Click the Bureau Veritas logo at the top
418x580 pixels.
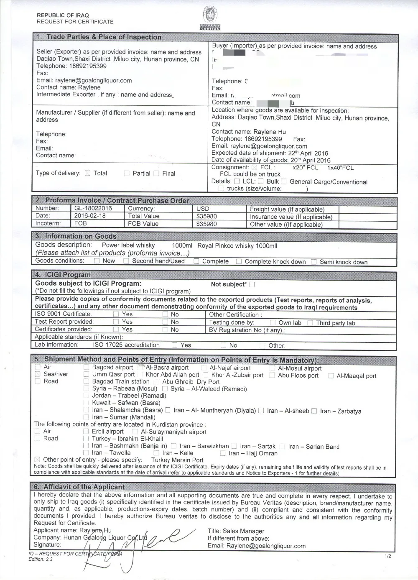[x=212, y=18]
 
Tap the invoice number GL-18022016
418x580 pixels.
[x=93, y=208]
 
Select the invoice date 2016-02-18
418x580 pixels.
[x=90, y=216]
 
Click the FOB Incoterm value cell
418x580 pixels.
[x=81, y=223]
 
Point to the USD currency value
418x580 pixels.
[x=203, y=209]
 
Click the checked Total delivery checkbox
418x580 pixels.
[x=87, y=173]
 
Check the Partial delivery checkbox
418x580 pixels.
[x=127, y=174]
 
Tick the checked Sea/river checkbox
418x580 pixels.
[x=38, y=374]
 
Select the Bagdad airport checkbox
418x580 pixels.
[x=86, y=368]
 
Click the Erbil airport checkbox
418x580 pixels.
[x=86, y=432]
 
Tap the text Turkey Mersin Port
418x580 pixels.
[x=177, y=460]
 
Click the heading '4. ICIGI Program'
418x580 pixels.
[x=63, y=275]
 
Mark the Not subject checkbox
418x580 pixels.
[x=252, y=284]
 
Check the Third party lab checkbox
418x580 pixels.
[x=310, y=323]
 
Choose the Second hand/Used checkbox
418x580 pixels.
[x=126, y=261]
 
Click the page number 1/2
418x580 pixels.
[x=387, y=556]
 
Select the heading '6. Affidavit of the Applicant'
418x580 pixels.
[x=84, y=487]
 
